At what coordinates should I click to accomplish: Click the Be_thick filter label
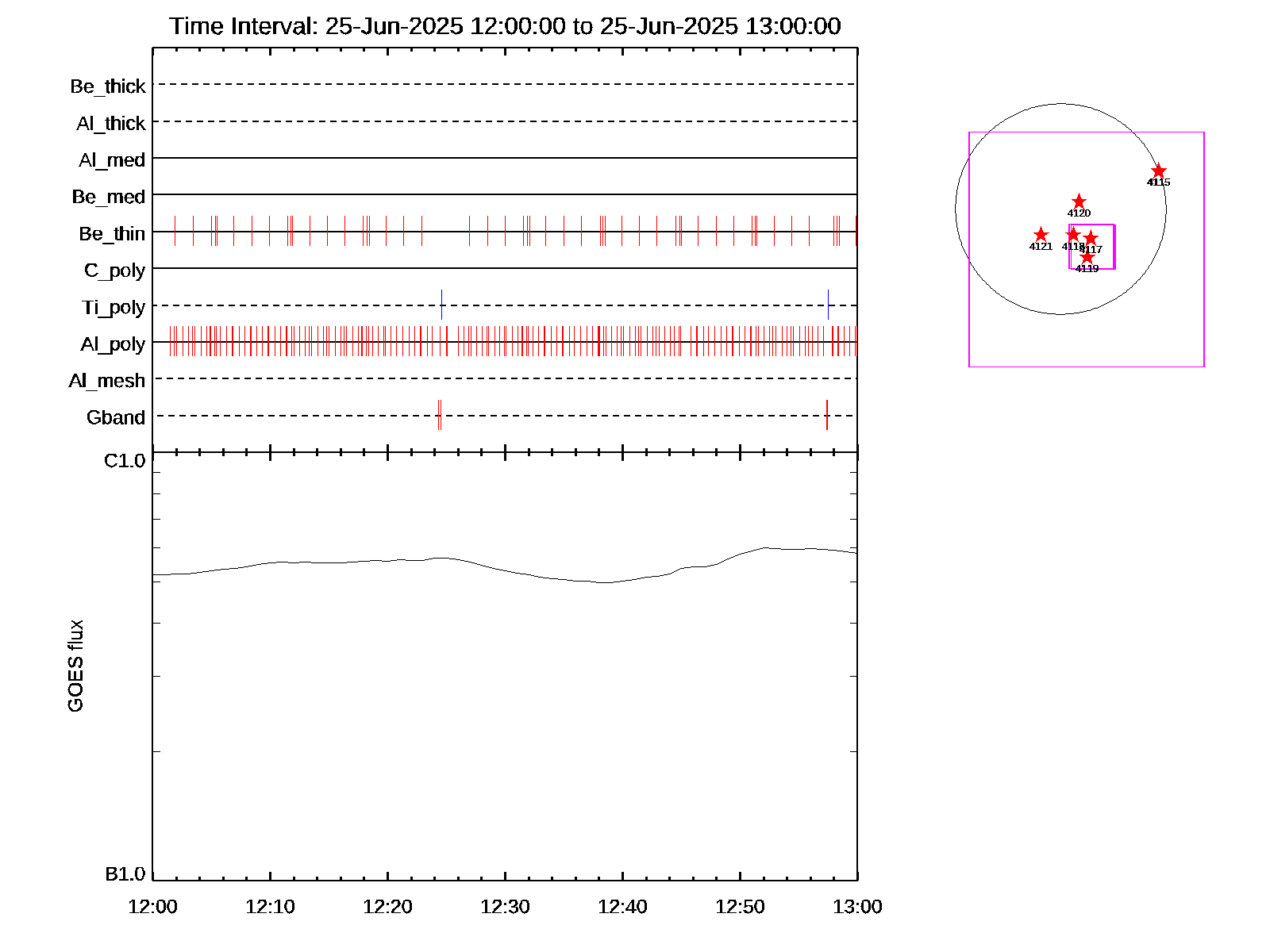click(x=108, y=86)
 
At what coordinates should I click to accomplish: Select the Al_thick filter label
click(x=111, y=123)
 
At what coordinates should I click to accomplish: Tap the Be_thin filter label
click(x=112, y=233)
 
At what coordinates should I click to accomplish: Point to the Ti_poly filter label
click(x=114, y=307)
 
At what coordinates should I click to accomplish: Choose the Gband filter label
click(x=116, y=417)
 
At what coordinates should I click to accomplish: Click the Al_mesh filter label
click(x=107, y=381)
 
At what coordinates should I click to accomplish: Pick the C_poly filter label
click(x=115, y=271)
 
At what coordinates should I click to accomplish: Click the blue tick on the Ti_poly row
click(x=441, y=305)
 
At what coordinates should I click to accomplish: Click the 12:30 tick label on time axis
click(x=505, y=906)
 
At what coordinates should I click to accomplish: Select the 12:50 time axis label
click(x=740, y=906)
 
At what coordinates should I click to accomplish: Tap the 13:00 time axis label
click(x=857, y=906)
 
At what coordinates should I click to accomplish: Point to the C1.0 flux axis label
click(x=125, y=461)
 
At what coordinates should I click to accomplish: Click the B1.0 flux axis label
click(x=125, y=874)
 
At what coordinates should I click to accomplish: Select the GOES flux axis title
click(x=75, y=666)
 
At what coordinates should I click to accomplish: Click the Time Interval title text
click(x=505, y=26)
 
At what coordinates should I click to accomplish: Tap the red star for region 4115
click(x=1159, y=171)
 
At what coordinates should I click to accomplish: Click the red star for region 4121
click(x=1041, y=235)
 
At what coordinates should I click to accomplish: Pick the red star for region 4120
click(x=1079, y=202)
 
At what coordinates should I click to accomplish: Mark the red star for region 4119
click(x=1087, y=257)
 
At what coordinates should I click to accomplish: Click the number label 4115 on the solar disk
click(x=1159, y=182)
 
